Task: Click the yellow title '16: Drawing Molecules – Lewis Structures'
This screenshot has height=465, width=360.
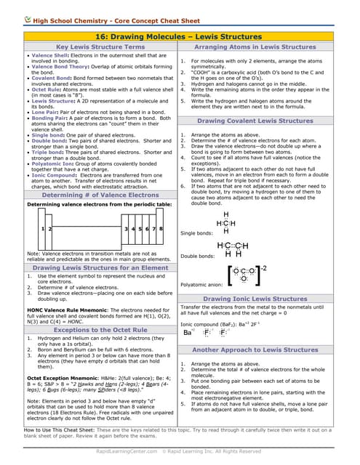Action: point(180,35)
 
